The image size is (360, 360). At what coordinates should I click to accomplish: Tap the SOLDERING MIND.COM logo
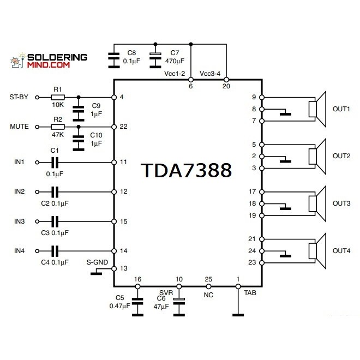tap(50, 60)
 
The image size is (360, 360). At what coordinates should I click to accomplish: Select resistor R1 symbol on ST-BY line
tap(57, 98)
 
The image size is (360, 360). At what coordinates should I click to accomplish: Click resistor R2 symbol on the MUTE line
tap(57, 127)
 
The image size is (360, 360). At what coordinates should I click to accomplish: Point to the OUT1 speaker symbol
tap(316, 109)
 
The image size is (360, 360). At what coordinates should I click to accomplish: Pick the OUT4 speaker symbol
tap(316, 251)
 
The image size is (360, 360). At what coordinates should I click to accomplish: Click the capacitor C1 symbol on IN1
tap(54, 162)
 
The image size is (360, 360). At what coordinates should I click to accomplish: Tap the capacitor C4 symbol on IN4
tap(54, 251)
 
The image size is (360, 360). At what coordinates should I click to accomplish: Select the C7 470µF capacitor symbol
tap(156, 55)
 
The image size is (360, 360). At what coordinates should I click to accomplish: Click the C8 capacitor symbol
tap(113, 56)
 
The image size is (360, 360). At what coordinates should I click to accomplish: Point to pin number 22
tap(123, 127)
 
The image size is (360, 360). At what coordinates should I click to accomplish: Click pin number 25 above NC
tap(208, 279)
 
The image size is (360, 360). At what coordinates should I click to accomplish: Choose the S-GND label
tap(97, 262)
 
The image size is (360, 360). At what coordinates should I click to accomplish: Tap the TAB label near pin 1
tap(250, 292)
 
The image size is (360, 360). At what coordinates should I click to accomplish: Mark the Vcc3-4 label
tap(211, 73)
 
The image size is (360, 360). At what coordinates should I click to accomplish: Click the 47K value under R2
tap(58, 134)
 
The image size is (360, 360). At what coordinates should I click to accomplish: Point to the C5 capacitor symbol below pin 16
tap(137, 301)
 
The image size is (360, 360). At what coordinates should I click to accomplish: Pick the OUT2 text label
tap(341, 156)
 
